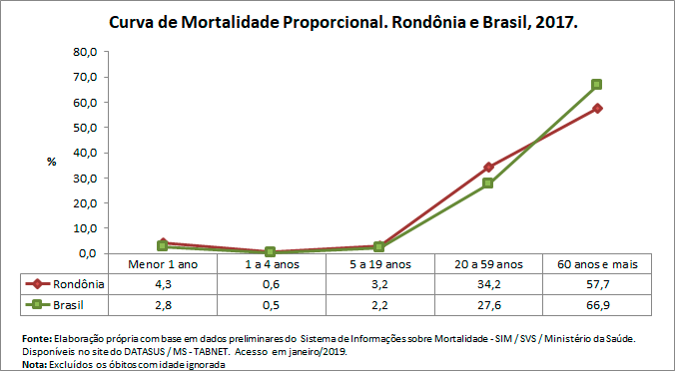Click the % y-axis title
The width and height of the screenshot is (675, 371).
tap(52, 162)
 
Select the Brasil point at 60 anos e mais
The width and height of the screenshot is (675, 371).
tap(596, 85)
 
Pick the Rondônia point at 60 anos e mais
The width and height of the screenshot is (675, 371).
tap(596, 108)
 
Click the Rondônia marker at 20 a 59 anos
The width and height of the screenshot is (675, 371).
tap(488, 168)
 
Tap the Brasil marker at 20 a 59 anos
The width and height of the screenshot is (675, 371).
tap(488, 184)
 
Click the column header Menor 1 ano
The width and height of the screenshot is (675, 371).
tap(164, 264)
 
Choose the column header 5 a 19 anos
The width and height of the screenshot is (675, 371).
tap(379, 264)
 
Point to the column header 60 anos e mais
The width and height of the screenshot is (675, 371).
tap(596, 264)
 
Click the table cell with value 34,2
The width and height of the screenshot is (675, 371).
tap(488, 283)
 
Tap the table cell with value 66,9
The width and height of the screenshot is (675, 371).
tap(596, 303)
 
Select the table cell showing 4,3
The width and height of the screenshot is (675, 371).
tap(164, 283)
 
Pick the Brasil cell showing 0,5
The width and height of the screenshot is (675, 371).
tap(272, 303)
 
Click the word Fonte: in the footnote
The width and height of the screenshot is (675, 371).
tap(37, 339)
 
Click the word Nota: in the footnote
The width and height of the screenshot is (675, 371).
tap(34, 363)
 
